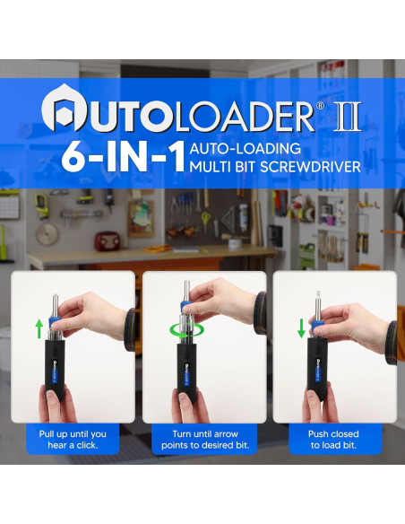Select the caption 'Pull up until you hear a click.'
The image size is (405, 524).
pyautogui.click(x=73, y=439)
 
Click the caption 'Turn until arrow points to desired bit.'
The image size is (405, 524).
pyautogui.click(x=203, y=439)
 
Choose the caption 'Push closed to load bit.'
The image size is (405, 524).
pyautogui.click(x=334, y=439)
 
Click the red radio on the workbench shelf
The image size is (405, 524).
pyautogui.click(x=108, y=240)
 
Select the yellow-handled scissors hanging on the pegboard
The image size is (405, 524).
pyautogui.click(x=204, y=218)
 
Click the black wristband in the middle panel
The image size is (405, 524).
pyautogui.click(x=260, y=310)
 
